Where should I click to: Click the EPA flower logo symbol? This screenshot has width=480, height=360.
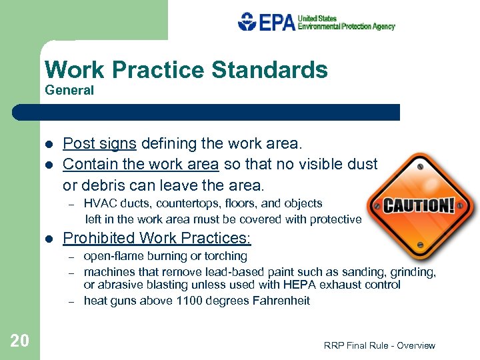click(x=247, y=21)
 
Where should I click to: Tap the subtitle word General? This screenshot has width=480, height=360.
click(x=69, y=90)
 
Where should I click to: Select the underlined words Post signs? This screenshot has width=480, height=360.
click(x=100, y=144)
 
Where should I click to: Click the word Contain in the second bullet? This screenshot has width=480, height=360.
click(x=87, y=164)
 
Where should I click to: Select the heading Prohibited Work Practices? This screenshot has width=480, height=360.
click(x=157, y=238)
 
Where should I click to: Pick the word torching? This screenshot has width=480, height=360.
click(x=225, y=256)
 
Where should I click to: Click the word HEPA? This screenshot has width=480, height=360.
click(x=296, y=285)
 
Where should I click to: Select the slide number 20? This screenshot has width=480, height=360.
click(x=20, y=341)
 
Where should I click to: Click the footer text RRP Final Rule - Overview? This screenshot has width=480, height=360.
click(x=379, y=345)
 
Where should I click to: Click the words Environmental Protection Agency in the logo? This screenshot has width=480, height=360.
click(x=346, y=27)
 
